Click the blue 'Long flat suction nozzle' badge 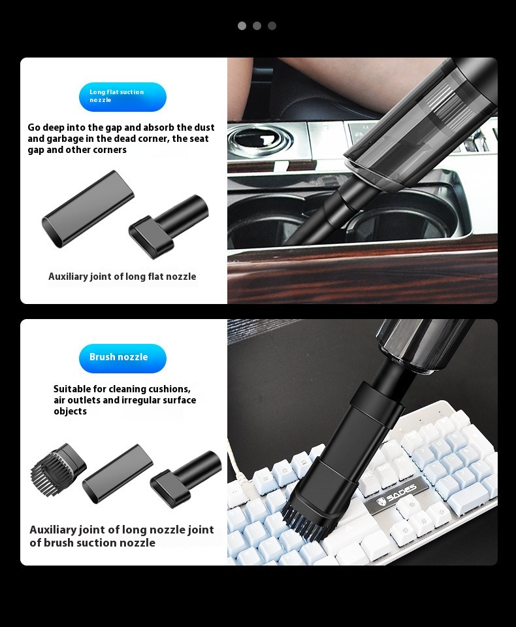coord(122,97)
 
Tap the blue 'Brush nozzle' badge coord(122,358)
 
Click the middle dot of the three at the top coord(257,26)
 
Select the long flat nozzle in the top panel coord(88,209)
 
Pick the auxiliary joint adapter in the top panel coord(169,227)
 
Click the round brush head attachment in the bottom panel coord(57,469)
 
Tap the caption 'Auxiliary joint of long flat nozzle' coord(122,277)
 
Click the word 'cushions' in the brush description coord(170,389)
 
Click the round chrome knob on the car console coord(260,141)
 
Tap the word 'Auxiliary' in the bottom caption coord(53,530)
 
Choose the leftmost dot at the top coord(242,26)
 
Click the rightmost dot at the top coord(272,26)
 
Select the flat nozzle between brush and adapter coord(118,474)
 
